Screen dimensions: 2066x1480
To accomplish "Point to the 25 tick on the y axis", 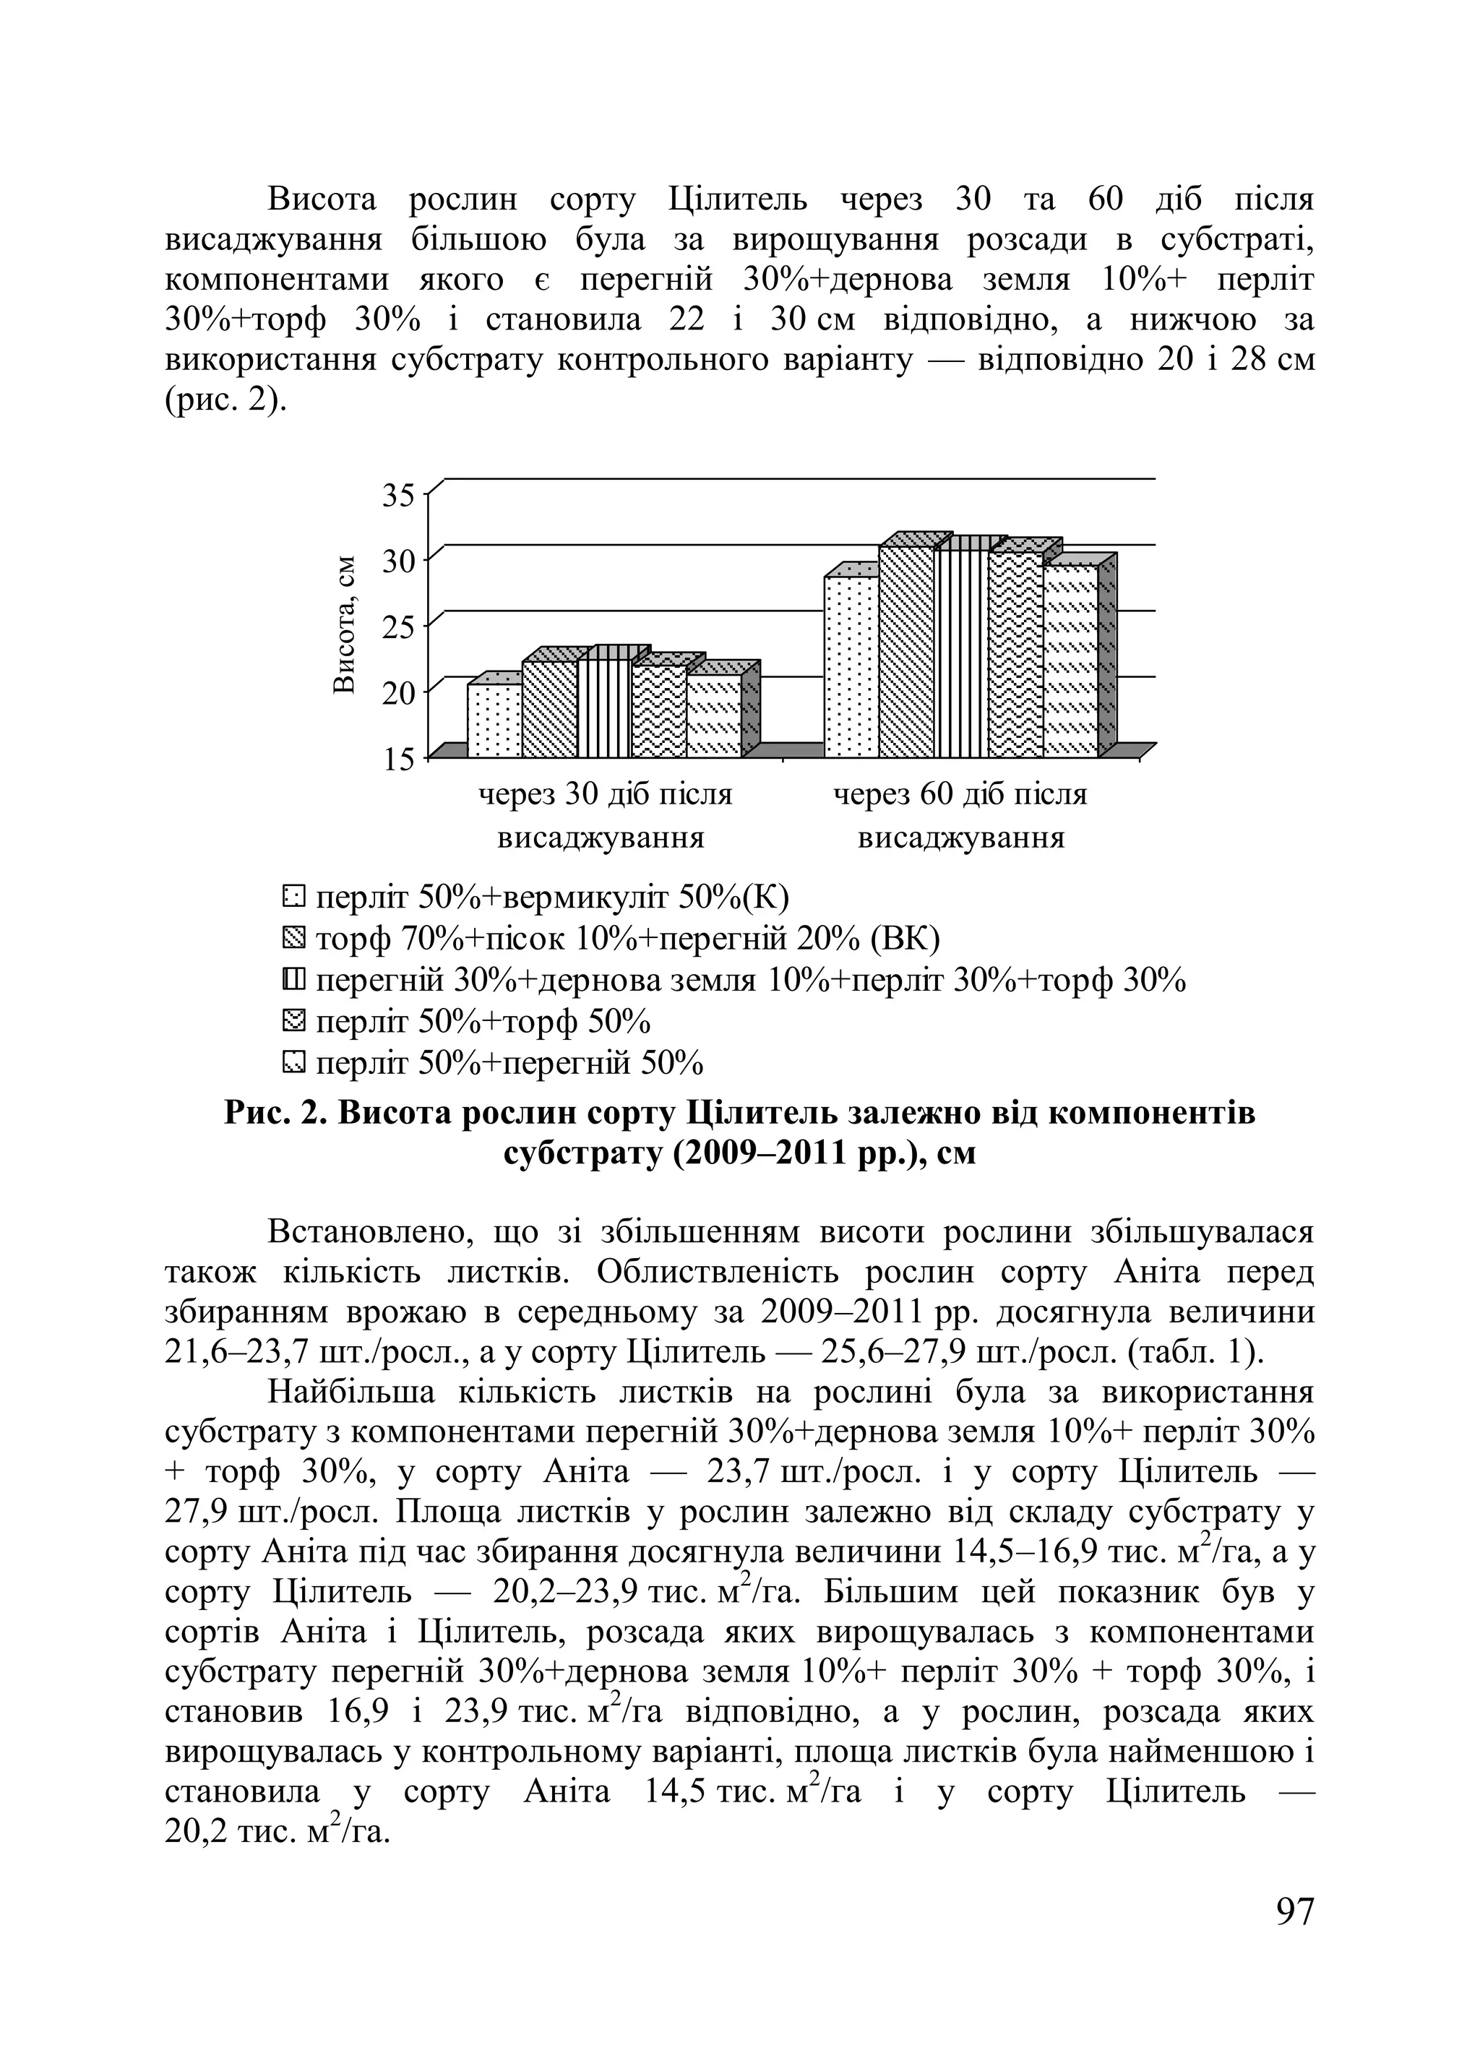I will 398,626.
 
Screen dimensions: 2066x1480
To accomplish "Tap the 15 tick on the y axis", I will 398,758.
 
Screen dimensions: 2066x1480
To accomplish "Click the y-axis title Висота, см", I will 344,625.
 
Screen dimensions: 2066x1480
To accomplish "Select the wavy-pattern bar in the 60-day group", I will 1015,653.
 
